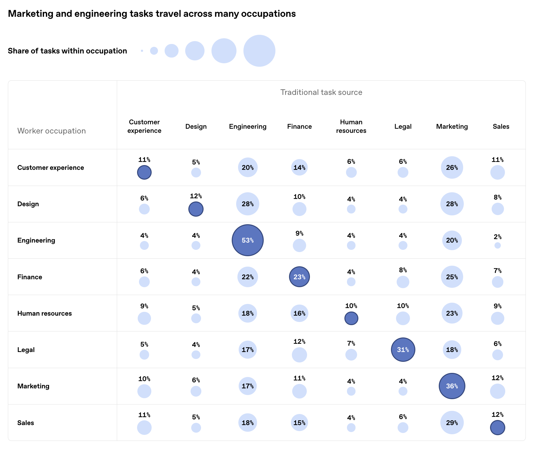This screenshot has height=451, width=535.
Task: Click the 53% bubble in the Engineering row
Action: (248, 240)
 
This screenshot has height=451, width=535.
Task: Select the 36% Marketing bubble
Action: (452, 386)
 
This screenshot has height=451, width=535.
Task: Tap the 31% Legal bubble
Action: (403, 350)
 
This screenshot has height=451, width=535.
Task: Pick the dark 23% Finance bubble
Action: (299, 277)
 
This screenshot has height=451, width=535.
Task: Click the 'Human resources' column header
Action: (351, 127)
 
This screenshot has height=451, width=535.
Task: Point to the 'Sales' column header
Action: (501, 127)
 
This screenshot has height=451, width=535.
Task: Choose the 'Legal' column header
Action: (403, 127)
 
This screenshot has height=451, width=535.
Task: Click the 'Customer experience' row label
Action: (51, 168)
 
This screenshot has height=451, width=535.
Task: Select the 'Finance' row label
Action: (30, 277)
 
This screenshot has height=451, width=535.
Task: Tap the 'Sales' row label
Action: (26, 423)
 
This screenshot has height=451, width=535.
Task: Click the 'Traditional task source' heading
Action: (321, 92)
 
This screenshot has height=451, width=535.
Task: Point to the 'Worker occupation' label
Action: (52, 131)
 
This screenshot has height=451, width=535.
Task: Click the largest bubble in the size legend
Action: (259, 51)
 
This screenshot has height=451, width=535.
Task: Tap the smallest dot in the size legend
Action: (142, 51)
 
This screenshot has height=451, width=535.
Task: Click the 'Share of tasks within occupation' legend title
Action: (67, 51)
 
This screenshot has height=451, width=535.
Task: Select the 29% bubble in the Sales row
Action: (452, 423)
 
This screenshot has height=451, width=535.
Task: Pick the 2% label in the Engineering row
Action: (498, 237)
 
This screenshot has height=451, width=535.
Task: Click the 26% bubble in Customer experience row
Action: (452, 168)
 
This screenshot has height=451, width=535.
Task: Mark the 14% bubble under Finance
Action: (299, 168)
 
